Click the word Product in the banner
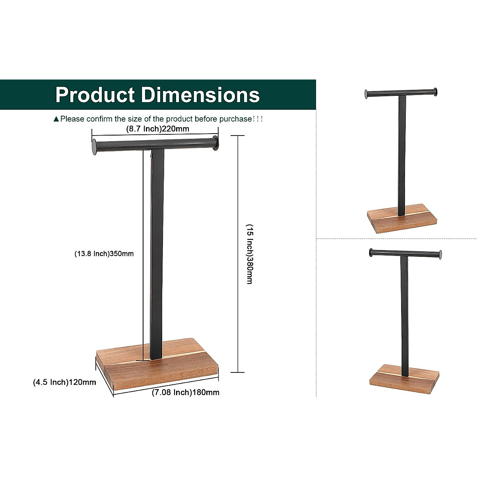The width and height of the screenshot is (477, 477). pos(95,95)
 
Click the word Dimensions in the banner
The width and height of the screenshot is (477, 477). pos(200,95)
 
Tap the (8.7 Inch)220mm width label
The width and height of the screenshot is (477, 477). pos(157,129)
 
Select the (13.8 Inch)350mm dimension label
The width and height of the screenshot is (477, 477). pos(104,254)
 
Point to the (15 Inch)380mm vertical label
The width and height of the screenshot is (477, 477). pos(249,254)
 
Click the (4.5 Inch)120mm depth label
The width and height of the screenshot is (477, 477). pos(64,382)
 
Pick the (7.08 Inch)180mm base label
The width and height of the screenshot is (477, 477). pos(186,392)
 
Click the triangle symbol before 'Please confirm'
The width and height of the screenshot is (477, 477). pos(56,119)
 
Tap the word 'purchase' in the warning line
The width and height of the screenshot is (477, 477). pos(236,119)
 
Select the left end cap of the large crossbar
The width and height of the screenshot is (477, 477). pos(94,147)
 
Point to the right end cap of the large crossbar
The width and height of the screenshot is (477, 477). pos(215,143)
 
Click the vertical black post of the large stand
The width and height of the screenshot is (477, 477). pos(156,254)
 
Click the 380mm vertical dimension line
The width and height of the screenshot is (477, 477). pos(238,199)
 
